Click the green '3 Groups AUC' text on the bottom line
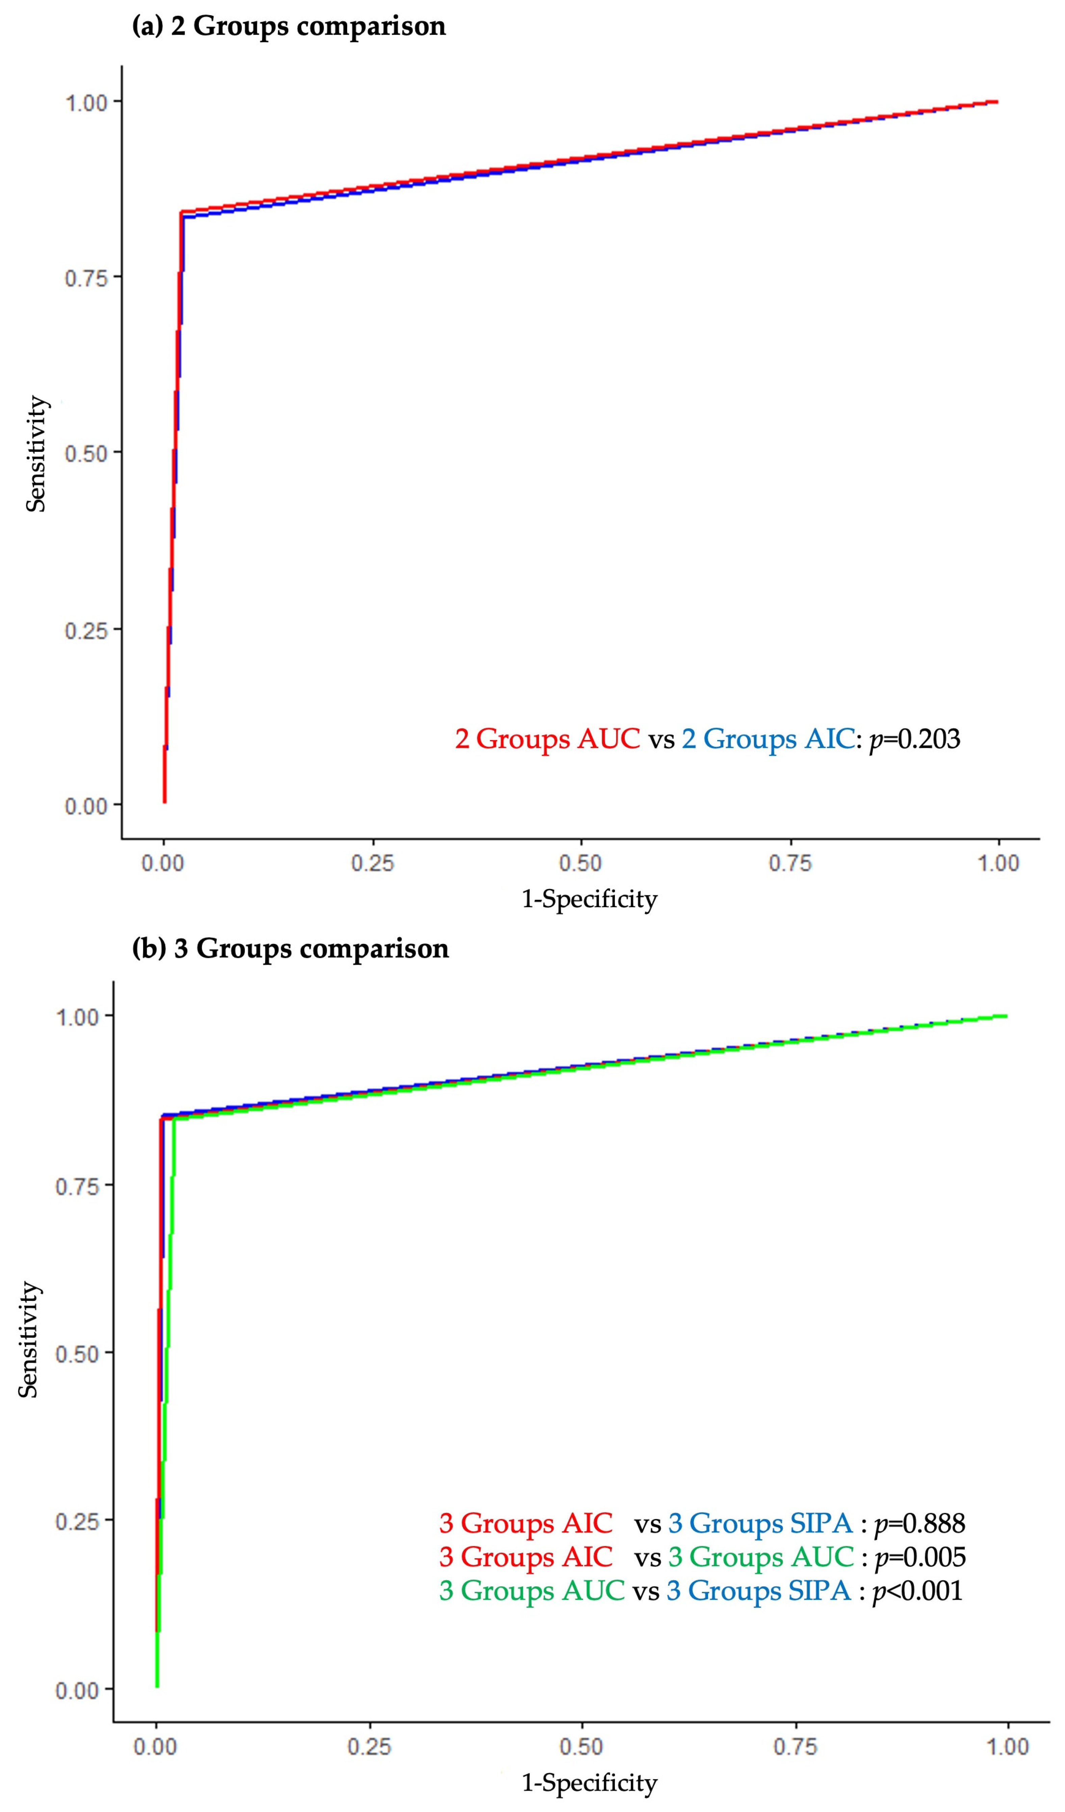tap(531, 1591)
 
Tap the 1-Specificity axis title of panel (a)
tap(589, 899)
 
